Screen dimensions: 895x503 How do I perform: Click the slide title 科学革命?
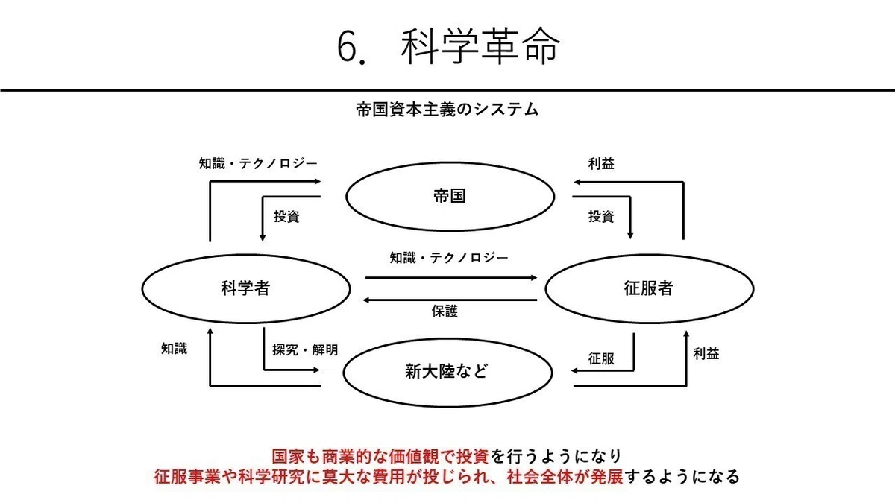[x=480, y=46]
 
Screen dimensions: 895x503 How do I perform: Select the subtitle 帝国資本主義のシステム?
[x=447, y=110]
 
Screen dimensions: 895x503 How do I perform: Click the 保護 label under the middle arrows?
[x=445, y=311]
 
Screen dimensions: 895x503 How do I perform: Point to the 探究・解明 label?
[x=305, y=350]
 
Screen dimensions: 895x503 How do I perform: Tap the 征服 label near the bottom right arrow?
[x=601, y=359]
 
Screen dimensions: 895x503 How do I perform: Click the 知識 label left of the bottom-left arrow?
[x=175, y=349]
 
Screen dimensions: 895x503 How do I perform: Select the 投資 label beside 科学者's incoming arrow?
[x=286, y=216]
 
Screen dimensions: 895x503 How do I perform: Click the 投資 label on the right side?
[x=601, y=216]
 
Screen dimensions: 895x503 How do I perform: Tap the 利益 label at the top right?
[x=601, y=164]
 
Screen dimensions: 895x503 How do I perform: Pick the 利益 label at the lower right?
[x=706, y=354]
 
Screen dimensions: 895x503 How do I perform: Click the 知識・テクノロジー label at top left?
[x=258, y=163]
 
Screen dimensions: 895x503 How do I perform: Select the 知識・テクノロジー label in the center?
[x=449, y=258]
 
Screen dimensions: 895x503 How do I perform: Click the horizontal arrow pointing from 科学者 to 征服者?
[x=451, y=277]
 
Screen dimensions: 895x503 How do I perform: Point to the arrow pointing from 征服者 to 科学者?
[x=450, y=300]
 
